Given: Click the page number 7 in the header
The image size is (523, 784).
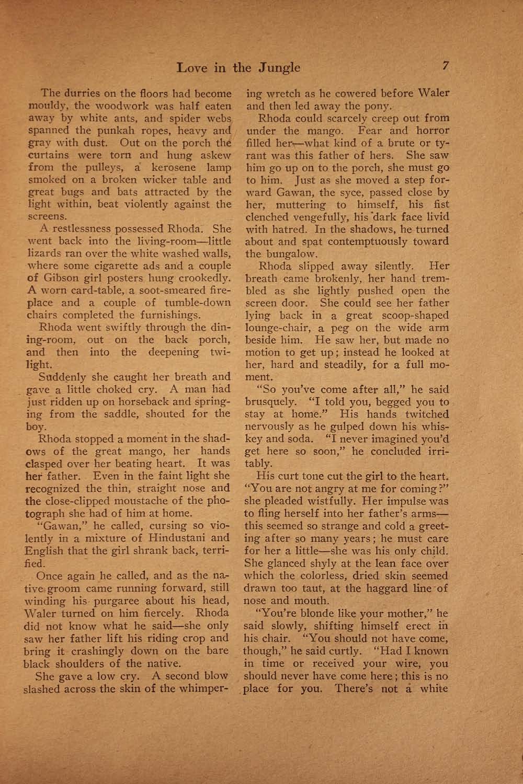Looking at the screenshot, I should pos(446,66).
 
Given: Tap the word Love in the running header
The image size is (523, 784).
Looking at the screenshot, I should pos(193,67).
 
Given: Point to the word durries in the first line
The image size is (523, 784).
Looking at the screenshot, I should pos(82,94).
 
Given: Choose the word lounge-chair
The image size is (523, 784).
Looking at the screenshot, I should pos(275,328).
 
